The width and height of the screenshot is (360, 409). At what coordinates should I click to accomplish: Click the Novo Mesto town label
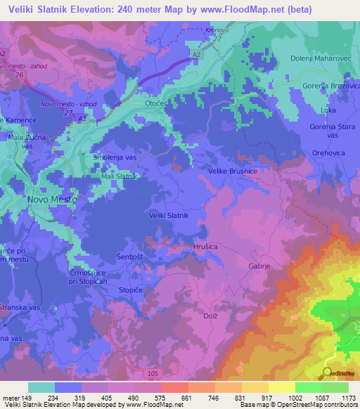tap(51, 199)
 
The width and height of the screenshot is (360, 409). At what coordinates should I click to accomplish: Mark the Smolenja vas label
tap(115, 158)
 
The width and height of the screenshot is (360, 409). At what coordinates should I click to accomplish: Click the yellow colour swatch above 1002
tap(281, 387)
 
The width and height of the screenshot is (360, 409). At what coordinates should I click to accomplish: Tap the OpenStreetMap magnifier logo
tap(328, 372)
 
